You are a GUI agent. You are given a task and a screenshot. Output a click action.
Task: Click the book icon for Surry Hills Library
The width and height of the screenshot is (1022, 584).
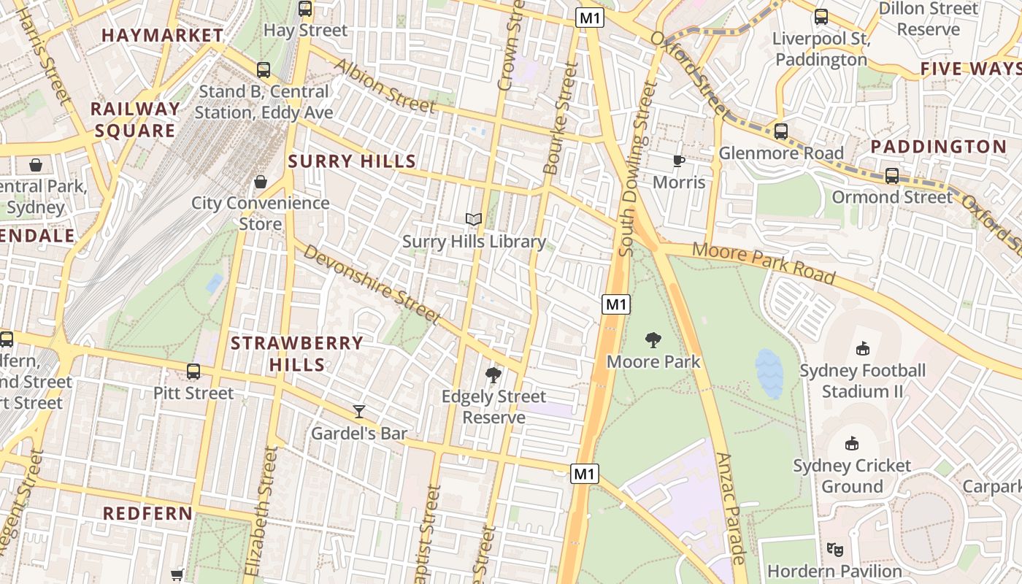(474, 219)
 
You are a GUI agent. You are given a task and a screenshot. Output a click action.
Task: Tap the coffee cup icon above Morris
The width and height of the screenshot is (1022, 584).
(678, 160)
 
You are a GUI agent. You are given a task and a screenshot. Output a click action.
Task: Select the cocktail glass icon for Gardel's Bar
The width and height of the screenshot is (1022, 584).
(358, 412)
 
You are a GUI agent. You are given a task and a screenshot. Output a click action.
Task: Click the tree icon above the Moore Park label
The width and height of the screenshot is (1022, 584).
(653, 339)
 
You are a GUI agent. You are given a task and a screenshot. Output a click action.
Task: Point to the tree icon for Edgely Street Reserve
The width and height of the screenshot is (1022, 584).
(493, 375)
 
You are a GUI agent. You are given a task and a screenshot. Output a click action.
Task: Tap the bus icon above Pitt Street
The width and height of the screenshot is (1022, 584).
(193, 371)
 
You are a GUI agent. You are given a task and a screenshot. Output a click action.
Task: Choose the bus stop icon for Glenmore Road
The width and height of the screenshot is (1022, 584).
(780, 131)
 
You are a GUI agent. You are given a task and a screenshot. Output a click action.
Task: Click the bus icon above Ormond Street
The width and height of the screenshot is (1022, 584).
(892, 175)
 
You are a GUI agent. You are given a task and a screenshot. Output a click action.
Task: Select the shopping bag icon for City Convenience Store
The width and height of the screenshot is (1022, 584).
(261, 181)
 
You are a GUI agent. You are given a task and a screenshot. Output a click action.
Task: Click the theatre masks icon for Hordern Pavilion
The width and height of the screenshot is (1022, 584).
(834, 549)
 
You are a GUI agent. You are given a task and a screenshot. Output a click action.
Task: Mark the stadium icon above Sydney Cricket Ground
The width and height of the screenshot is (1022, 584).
(852, 443)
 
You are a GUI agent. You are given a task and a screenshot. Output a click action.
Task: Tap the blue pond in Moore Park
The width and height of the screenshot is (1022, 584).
(769, 373)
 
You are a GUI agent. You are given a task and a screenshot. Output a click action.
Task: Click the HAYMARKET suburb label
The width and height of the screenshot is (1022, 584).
(162, 35)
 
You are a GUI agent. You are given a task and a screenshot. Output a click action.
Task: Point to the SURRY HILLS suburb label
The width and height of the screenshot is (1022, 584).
(352, 161)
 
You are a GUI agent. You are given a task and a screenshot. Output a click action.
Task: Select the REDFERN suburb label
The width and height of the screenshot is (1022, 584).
(147, 513)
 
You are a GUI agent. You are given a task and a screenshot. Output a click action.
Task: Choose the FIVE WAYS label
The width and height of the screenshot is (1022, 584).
(969, 69)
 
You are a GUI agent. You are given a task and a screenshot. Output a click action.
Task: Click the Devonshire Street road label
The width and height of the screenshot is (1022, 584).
(372, 285)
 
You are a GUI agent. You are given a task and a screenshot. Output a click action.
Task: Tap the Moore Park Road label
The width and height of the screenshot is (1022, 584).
(763, 263)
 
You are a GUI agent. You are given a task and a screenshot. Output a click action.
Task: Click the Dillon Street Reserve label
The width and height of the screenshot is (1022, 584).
(928, 19)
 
